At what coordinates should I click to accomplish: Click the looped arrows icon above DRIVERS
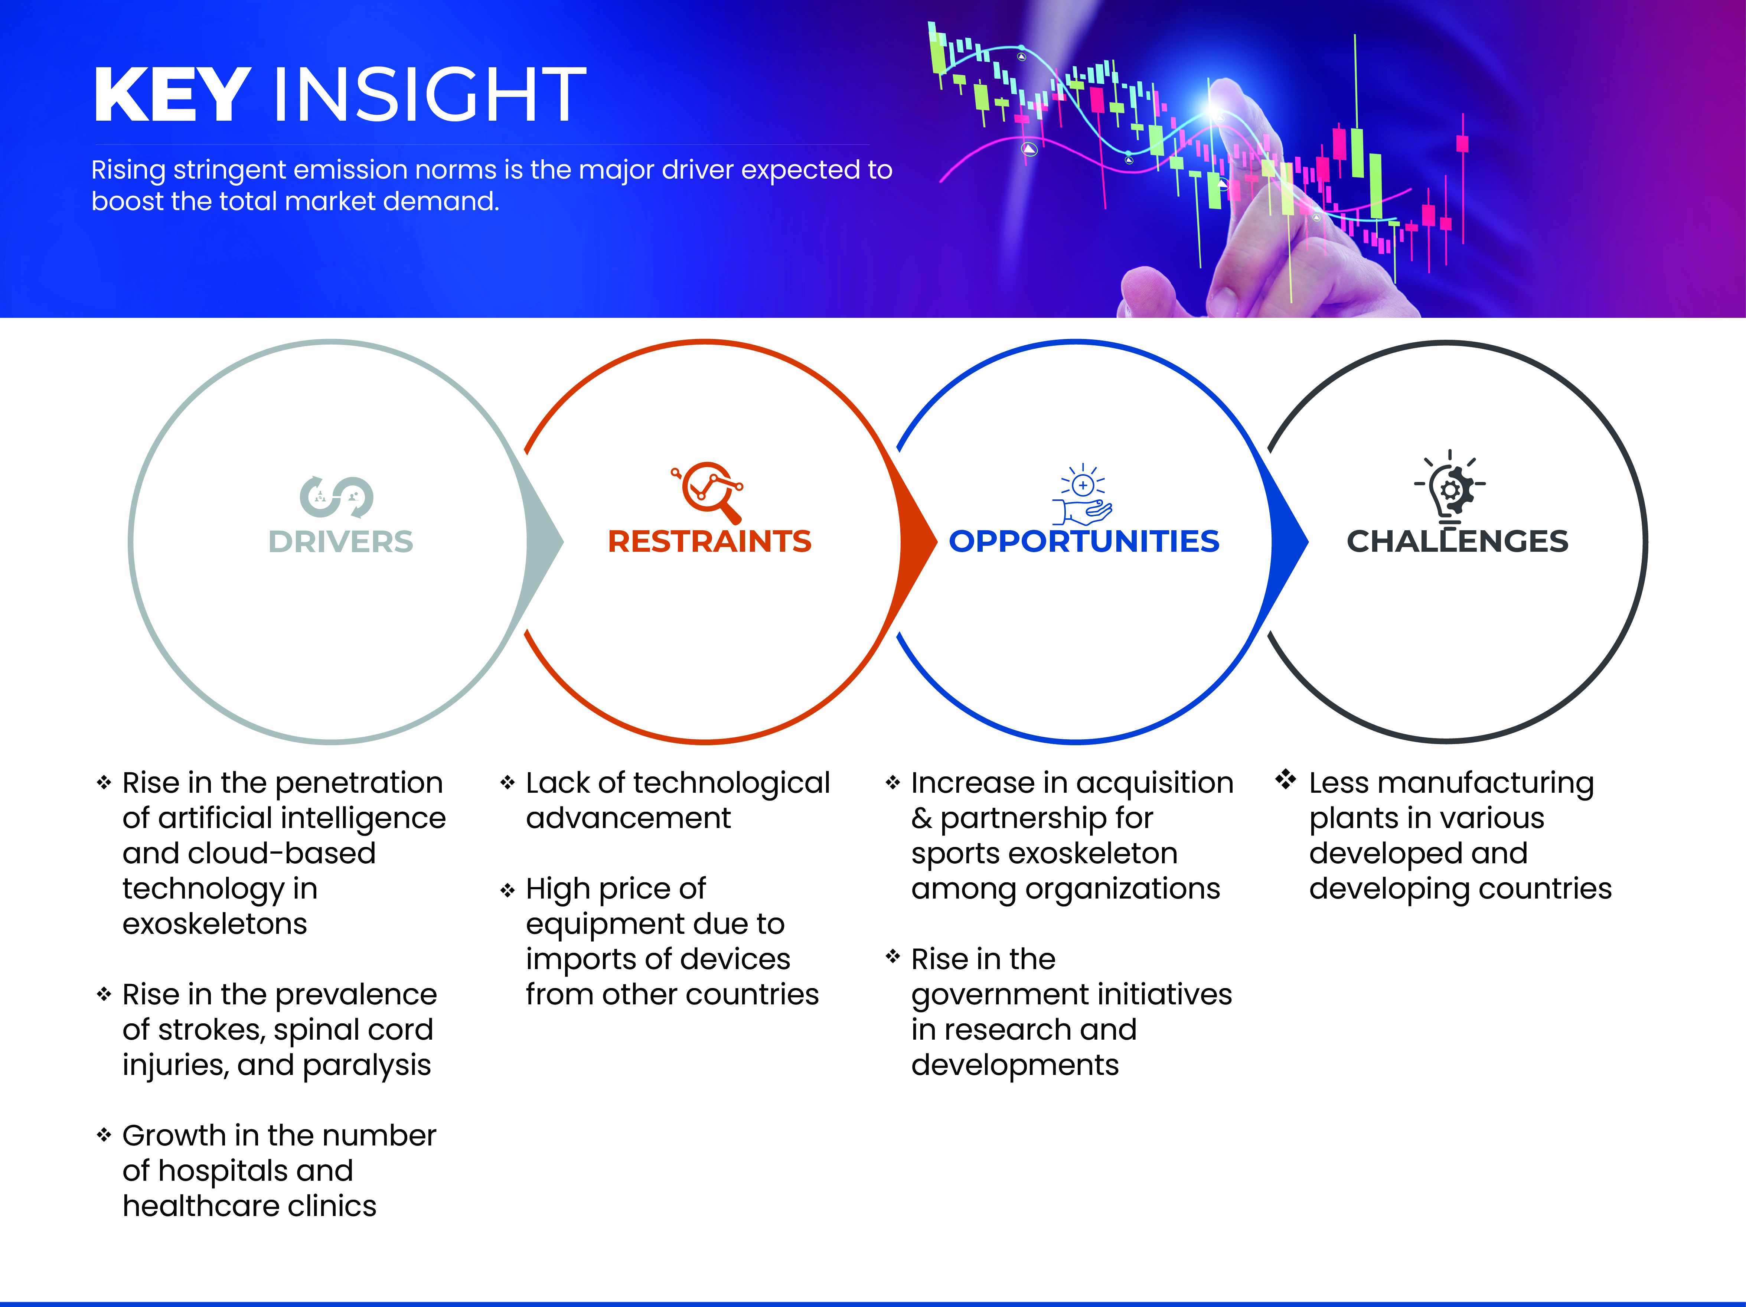tap(336, 496)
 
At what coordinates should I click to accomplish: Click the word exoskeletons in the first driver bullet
tap(215, 923)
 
